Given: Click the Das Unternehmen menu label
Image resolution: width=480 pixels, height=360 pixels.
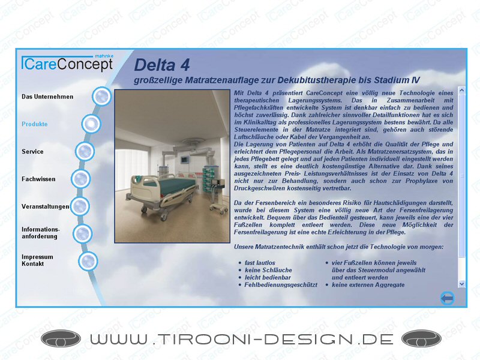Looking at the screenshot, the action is click(47, 97).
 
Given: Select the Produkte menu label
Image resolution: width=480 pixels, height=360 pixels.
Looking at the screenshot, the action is click(35, 124).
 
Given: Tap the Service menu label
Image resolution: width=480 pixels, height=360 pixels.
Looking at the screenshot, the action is click(32, 152).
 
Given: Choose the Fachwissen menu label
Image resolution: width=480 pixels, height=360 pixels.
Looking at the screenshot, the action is click(38, 179).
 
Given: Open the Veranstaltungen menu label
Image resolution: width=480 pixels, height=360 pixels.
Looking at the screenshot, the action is click(46, 206).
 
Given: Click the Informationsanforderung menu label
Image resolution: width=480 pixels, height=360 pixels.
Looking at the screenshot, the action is click(41, 233).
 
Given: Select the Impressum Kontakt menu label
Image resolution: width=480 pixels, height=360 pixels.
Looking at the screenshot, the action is click(37, 260).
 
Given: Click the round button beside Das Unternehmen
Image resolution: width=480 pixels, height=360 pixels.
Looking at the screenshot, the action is click(101, 96).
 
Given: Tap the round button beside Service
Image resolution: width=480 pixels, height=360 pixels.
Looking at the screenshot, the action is click(85, 151).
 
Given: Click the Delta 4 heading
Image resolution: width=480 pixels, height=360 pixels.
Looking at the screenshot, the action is click(162, 65).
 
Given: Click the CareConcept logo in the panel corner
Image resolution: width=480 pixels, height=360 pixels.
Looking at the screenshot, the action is click(67, 63).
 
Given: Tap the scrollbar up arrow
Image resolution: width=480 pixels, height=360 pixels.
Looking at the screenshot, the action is click(461, 90).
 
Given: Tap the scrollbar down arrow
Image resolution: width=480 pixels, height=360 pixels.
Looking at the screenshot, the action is click(461, 284).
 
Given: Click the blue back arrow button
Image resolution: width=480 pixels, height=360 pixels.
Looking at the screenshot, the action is click(447, 298).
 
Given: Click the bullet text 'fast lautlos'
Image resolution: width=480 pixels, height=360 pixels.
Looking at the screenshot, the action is click(260, 263).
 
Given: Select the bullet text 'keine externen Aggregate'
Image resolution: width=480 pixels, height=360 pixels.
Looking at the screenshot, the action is click(368, 285).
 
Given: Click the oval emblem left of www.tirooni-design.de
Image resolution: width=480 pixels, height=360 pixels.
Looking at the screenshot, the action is click(61, 339).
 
